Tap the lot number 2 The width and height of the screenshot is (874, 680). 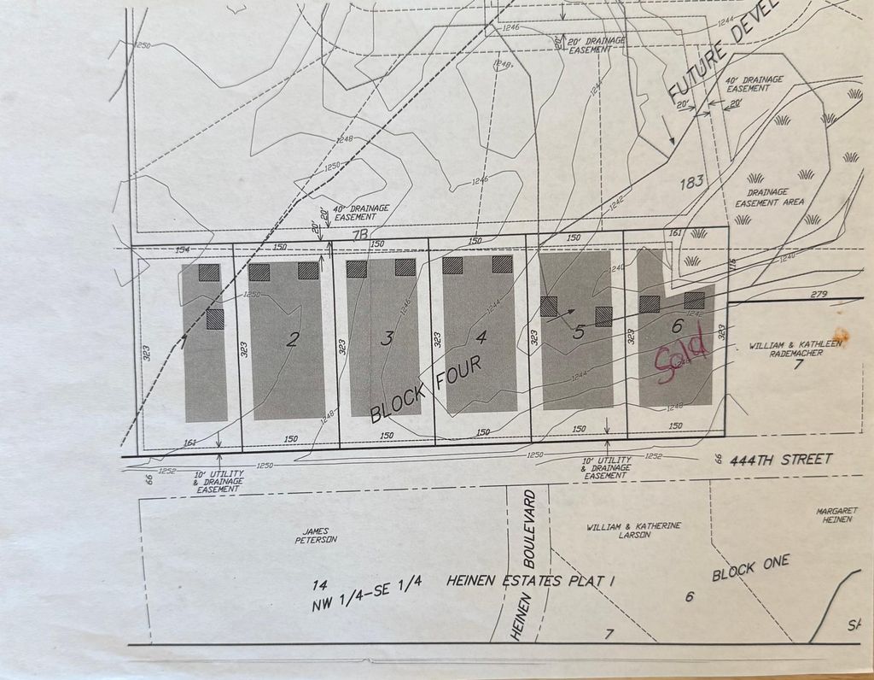tap(293, 340)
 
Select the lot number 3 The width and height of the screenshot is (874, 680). tap(387, 338)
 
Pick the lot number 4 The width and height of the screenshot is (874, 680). tap(481, 337)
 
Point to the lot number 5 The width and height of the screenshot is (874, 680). tap(579, 332)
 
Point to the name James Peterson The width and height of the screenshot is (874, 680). tap(317, 536)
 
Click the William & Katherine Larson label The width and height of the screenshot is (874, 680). tap(633, 531)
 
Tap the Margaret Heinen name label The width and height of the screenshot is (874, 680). tap(836, 515)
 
